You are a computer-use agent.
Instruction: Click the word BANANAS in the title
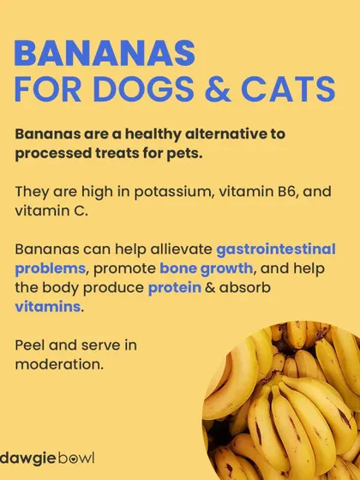pos(105,53)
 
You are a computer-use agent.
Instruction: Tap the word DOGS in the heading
pos(144,89)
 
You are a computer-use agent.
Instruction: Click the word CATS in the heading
pos(288,89)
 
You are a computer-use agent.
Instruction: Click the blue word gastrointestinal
pos(276,249)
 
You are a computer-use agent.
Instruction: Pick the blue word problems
pos(51,269)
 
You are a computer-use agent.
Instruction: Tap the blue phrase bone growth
pos(207,269)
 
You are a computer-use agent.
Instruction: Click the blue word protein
pos(175,288)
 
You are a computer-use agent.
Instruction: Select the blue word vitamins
pos(48,307)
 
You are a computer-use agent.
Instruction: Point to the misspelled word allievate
pos(181,249)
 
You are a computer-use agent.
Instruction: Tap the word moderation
pos(59,364)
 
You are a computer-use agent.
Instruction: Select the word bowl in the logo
pos(76,459)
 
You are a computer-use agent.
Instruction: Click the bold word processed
pos(53,153)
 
